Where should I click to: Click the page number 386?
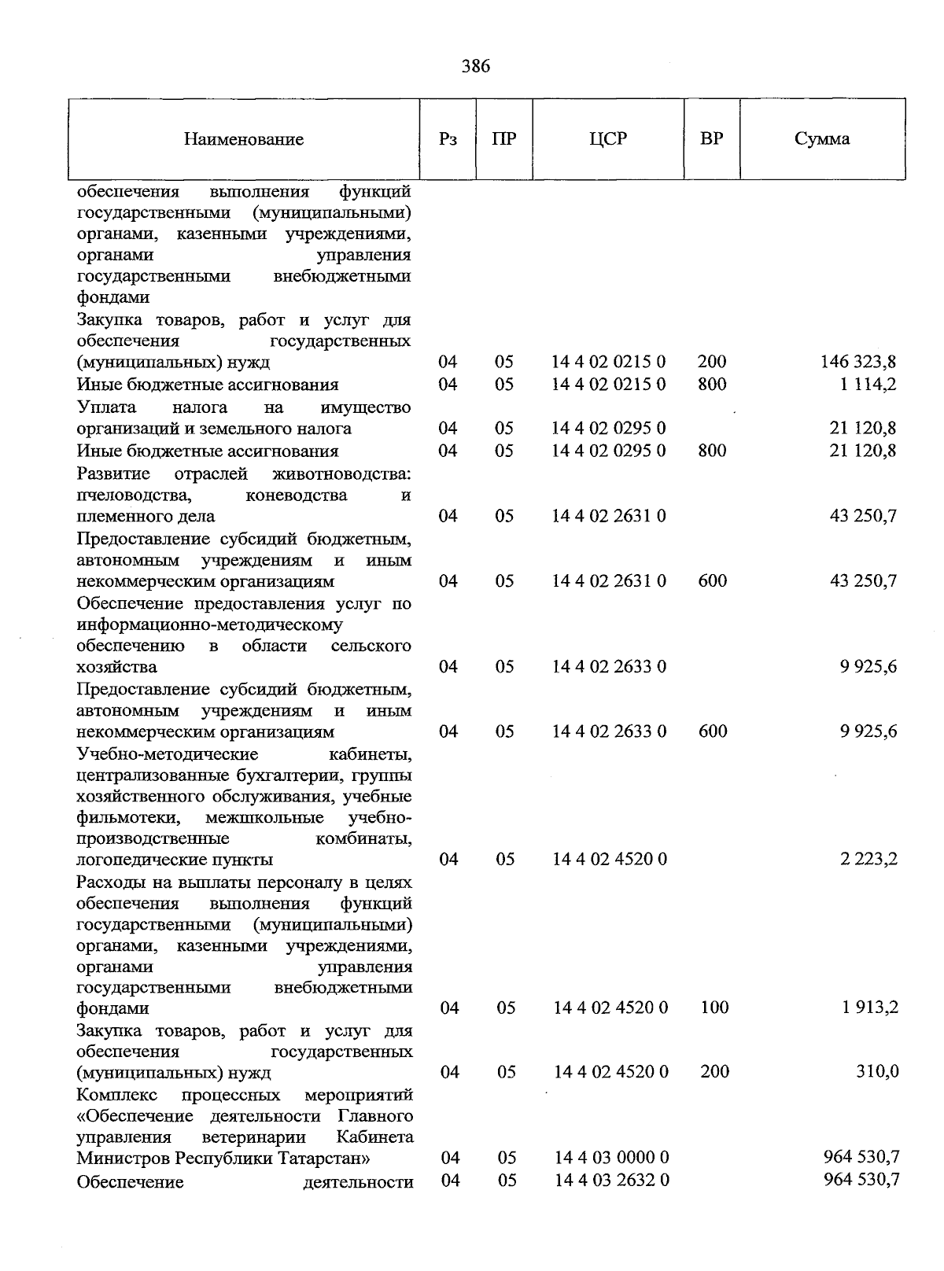(476, 66)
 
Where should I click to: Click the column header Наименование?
(244, 140)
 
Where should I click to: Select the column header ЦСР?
(608, 139)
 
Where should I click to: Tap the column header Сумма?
(821, 139)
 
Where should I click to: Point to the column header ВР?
(711, 139)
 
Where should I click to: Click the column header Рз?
(448, 140)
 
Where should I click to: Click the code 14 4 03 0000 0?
(611, 1157)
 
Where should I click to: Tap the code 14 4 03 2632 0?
(611, 1180)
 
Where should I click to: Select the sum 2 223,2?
(869, 859)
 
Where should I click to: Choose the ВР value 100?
(714, 1008)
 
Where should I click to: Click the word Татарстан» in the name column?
(332, 1159)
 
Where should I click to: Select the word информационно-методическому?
(210, 625)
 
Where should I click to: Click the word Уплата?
(106, 407)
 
